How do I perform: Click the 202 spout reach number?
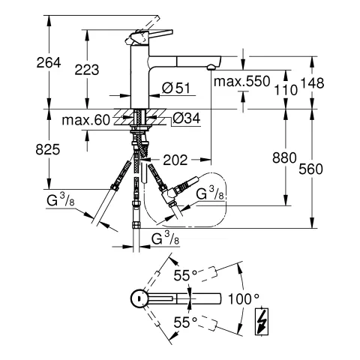tap(174, 159)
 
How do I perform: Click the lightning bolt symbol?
tap(263, 322)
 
